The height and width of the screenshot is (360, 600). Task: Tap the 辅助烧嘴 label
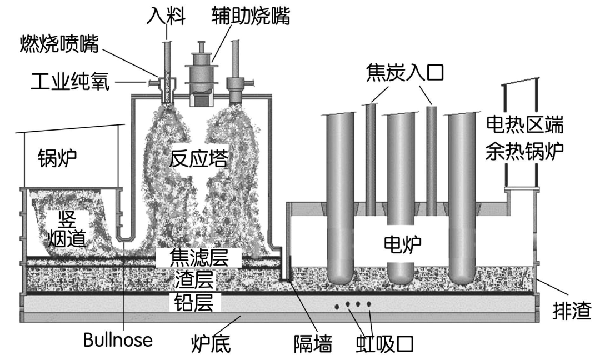(x=251, y=16)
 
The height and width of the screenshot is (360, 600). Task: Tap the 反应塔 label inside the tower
(x=199, y=159)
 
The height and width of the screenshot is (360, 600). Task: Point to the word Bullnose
(x=118, y=340)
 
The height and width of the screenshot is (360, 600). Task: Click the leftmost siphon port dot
(x=337, y=306)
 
